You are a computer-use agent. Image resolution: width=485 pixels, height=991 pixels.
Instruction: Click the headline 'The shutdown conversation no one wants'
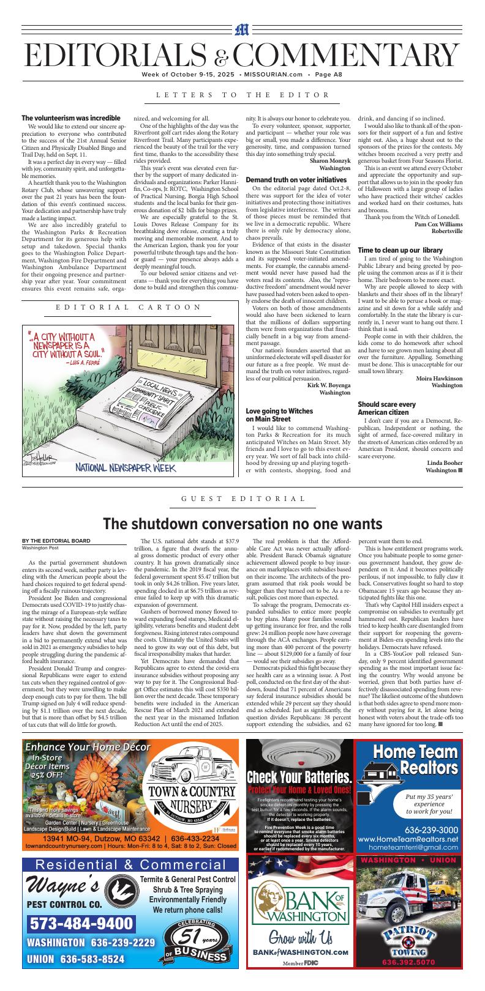242,524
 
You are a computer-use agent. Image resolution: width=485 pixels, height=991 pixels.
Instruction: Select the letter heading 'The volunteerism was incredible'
71,118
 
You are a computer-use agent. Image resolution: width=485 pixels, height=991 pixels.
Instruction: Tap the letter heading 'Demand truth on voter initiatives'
296,179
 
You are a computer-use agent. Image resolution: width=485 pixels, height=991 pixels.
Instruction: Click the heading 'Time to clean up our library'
400,250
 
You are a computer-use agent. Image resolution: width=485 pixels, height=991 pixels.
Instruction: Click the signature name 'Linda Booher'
445,462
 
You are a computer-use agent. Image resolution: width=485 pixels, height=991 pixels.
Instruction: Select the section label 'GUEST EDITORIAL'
243,499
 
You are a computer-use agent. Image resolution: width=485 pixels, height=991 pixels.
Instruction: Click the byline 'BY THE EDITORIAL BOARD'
56,541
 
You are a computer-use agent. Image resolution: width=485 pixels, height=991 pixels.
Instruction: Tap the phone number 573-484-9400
81,923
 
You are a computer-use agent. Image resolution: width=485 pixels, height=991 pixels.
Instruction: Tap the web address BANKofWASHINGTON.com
300,952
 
